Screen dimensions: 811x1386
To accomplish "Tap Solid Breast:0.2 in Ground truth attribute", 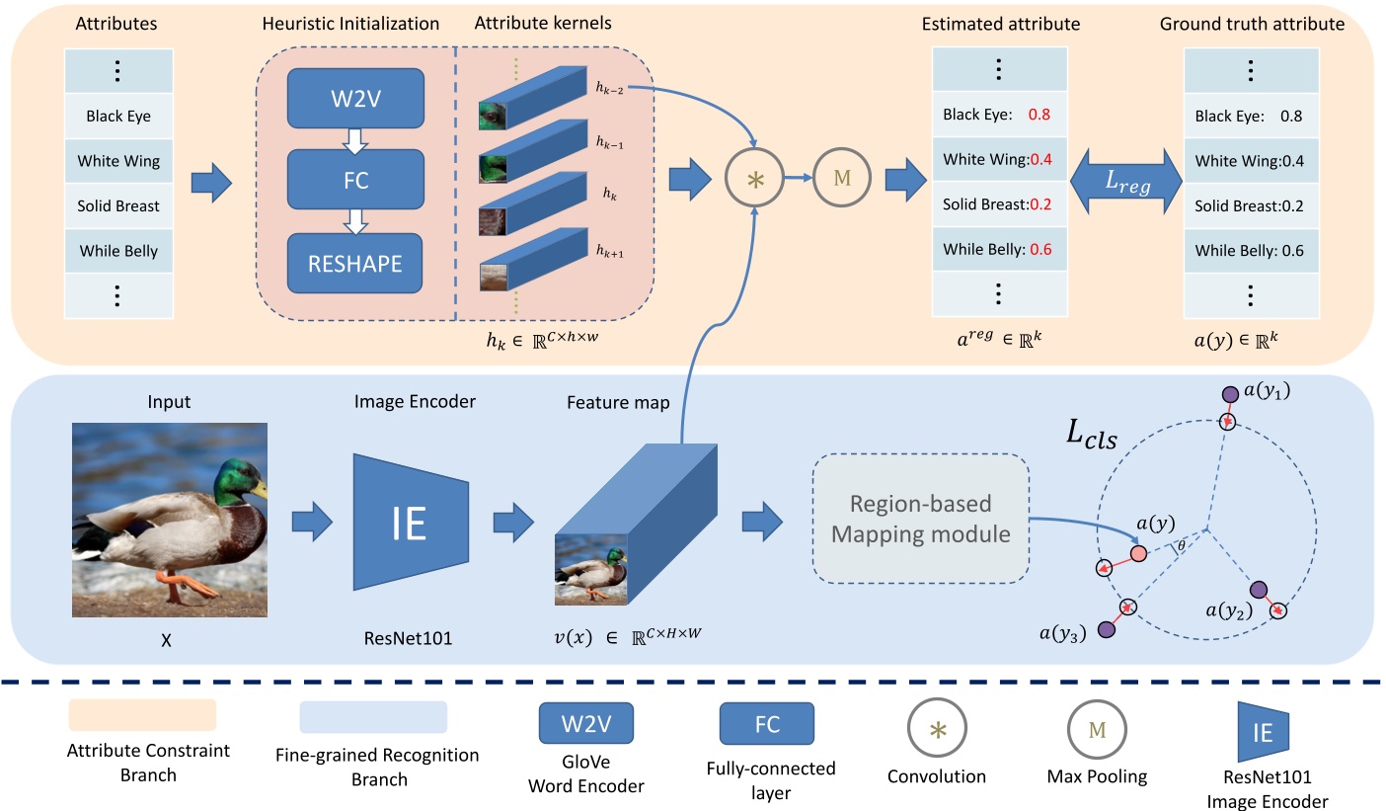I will click(x=1249, y=205).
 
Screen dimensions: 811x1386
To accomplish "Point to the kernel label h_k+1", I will click(x=609, y=253).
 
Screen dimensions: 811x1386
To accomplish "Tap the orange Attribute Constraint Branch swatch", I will click(x=142, y=715).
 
